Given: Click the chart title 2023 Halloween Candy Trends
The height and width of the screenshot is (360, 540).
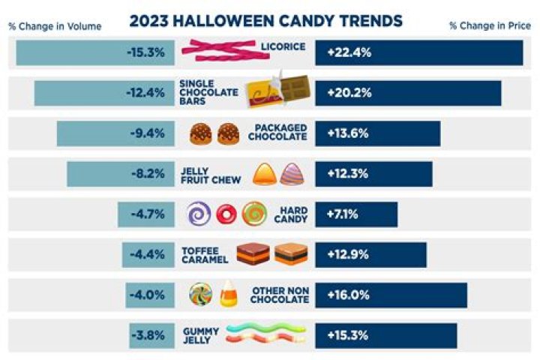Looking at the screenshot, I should [x=265, y=19].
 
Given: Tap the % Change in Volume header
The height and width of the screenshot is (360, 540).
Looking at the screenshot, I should [x=55, y=26].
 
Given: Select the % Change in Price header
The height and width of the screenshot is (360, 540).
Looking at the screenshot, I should [x=488, y=26].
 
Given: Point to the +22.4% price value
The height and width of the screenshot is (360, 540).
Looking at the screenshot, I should [x=349, y=52].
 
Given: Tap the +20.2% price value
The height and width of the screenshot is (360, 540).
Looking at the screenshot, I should [x=349, y=93].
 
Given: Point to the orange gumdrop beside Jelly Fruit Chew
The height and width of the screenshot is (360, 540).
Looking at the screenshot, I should [x=264, y=174].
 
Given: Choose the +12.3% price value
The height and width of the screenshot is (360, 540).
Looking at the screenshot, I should [x=349, y=174].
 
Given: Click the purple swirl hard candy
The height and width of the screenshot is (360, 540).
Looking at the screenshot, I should [x=199, y=214].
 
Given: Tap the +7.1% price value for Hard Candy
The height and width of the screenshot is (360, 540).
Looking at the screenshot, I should [x=343, y=214].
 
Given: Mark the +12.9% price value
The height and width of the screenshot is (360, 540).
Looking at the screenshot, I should [x=349, y=254].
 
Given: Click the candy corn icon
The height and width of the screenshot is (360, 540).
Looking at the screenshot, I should [x=229, y=294].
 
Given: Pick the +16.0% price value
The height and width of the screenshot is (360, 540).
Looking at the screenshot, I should [x=349, y=295].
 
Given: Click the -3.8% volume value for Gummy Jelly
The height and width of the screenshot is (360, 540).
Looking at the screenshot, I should [x=148, y=335].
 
